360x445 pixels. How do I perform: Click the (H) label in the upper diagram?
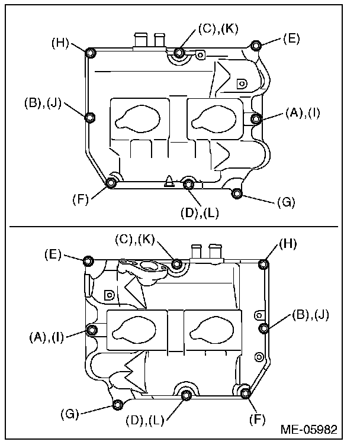(60, 43)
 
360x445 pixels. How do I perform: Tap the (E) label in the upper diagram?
(291, 38)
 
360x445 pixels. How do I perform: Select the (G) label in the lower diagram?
(69, 414)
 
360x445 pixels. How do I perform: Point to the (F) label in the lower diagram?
(258, 419)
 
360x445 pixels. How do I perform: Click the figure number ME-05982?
(309, 430)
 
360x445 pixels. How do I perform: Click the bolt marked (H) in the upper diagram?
(90, 53)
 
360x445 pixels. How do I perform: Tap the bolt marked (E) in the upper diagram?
(256, 46)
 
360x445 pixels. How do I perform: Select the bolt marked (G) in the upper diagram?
(236, 194)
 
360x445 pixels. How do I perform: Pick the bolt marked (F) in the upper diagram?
(111, 183)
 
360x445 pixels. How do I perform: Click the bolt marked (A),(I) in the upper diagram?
(256, 118)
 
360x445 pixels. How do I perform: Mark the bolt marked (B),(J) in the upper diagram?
(90, 117)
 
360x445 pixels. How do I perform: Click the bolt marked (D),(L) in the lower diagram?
(186, 395)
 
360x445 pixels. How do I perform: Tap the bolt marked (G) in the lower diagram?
(118, 405)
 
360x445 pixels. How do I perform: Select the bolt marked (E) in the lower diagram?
(88, 260)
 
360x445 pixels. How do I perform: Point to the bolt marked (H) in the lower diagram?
(263, 265)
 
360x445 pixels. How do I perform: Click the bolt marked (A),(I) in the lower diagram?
(91, 330)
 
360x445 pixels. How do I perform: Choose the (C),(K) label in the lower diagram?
(135, 240)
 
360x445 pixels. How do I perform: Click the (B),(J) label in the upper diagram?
(43, 103)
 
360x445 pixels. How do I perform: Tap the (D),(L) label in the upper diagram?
(200, 213)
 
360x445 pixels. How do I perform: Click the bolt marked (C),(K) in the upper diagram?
(179, 53)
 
